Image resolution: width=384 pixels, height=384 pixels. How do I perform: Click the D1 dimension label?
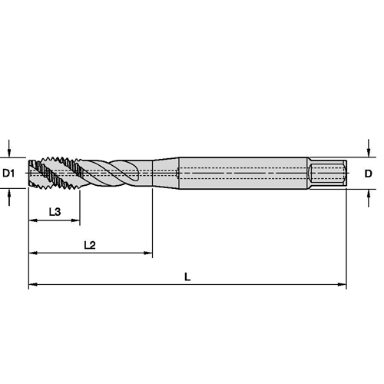8,174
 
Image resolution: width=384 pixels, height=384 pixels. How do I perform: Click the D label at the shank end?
368,174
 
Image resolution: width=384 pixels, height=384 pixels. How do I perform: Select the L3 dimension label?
55,212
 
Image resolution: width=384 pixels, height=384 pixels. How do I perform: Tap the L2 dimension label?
90,245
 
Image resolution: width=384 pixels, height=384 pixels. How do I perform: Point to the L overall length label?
187,276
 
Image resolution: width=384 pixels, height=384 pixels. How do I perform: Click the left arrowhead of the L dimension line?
33,284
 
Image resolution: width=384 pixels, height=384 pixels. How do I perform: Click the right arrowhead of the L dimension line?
342,284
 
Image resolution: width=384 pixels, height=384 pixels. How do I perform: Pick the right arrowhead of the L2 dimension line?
148,253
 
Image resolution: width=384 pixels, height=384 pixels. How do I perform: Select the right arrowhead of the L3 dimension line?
75,220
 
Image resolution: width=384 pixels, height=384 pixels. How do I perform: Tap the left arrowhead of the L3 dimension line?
33,220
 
